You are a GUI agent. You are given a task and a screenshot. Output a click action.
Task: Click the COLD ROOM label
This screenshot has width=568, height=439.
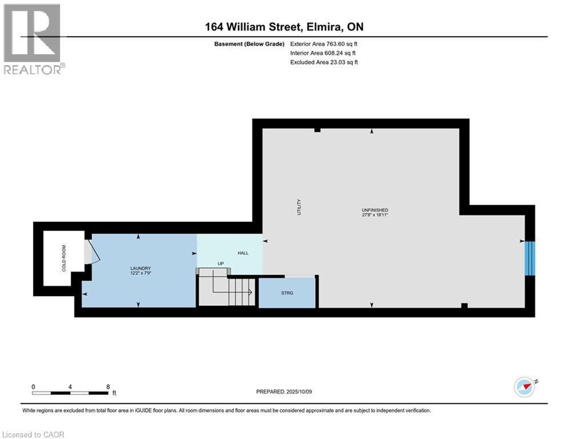(64, 258)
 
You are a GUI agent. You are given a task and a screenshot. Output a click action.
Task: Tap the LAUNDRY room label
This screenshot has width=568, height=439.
(140, 268)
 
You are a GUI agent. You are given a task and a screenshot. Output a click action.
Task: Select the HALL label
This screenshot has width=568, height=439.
(243, 253)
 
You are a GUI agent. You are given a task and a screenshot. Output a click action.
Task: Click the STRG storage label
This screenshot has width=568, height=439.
(287, 293)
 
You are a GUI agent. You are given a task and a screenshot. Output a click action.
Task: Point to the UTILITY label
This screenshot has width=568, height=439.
(299, 207)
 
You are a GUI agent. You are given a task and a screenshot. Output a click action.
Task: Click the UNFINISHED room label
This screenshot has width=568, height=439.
(375, 210)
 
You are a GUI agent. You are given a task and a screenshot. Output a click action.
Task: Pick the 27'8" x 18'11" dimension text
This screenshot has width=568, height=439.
(375, 215)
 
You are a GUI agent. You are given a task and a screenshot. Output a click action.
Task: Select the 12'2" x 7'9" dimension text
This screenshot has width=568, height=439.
(140, 273)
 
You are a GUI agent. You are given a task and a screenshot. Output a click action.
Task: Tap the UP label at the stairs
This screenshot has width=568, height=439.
(220, 264)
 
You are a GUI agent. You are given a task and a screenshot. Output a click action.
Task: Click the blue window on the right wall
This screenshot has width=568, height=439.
(530, 258)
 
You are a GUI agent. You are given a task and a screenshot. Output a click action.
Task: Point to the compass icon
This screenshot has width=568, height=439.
(525, 387)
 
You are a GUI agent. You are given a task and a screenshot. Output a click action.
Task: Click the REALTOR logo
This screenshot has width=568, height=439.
(33, 39)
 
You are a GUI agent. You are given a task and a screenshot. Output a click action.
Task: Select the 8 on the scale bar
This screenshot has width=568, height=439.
(108, 387)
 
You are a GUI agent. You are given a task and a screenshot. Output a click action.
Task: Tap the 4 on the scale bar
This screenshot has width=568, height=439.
(70, 387)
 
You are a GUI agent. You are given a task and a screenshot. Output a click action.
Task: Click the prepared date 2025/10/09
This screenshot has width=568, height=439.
(299, 392)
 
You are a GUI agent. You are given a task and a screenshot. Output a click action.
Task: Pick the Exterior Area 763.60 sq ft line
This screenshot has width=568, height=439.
(324, 44)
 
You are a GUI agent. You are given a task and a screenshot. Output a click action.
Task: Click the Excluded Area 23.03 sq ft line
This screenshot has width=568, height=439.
(324, 62)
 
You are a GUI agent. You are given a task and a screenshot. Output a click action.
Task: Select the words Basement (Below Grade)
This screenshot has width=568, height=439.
(249, 44)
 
